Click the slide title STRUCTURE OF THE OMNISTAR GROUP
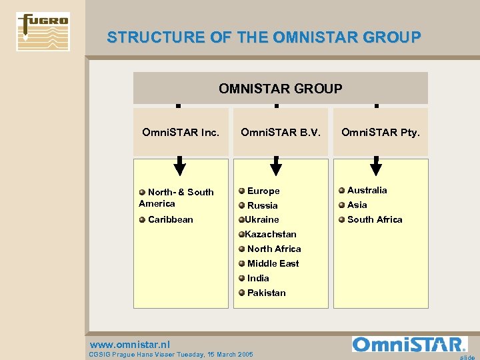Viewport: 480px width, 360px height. coord(264,37)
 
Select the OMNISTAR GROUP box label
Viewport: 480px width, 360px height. coord(281,88)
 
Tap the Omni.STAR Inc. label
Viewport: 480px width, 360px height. coord(181,132)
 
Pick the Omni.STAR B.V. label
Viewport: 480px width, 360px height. coord(280,132)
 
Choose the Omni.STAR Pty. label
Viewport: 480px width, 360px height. coord(381,132)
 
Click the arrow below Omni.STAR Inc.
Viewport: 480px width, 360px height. coord(179,165)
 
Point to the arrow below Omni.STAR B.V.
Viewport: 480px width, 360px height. coord(276,165)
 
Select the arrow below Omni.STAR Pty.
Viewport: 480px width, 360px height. coord(376,165)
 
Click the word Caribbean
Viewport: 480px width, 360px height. coord(171,219)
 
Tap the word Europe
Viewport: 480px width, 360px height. coord(263,191)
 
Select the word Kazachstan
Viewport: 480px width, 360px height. coord(271,234)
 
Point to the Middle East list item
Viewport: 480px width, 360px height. coord(273,263)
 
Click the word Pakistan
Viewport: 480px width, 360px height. coord(266,293)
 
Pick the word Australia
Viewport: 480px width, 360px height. coord(367,190)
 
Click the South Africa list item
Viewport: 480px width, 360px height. coord(375,219)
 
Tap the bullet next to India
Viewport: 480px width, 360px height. coord(242,278)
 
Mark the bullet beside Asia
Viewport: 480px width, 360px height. coord(341,205)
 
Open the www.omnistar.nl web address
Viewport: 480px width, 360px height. coord(130,345)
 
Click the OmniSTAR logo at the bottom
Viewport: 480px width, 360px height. coord(409,344)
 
